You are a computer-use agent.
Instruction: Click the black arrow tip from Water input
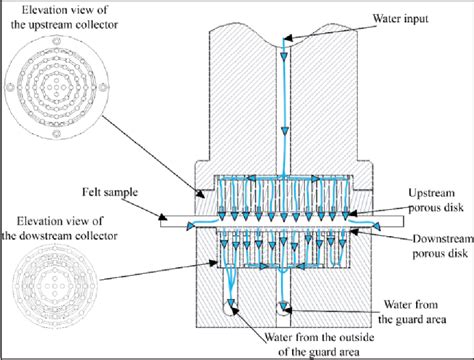click(291, 40)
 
